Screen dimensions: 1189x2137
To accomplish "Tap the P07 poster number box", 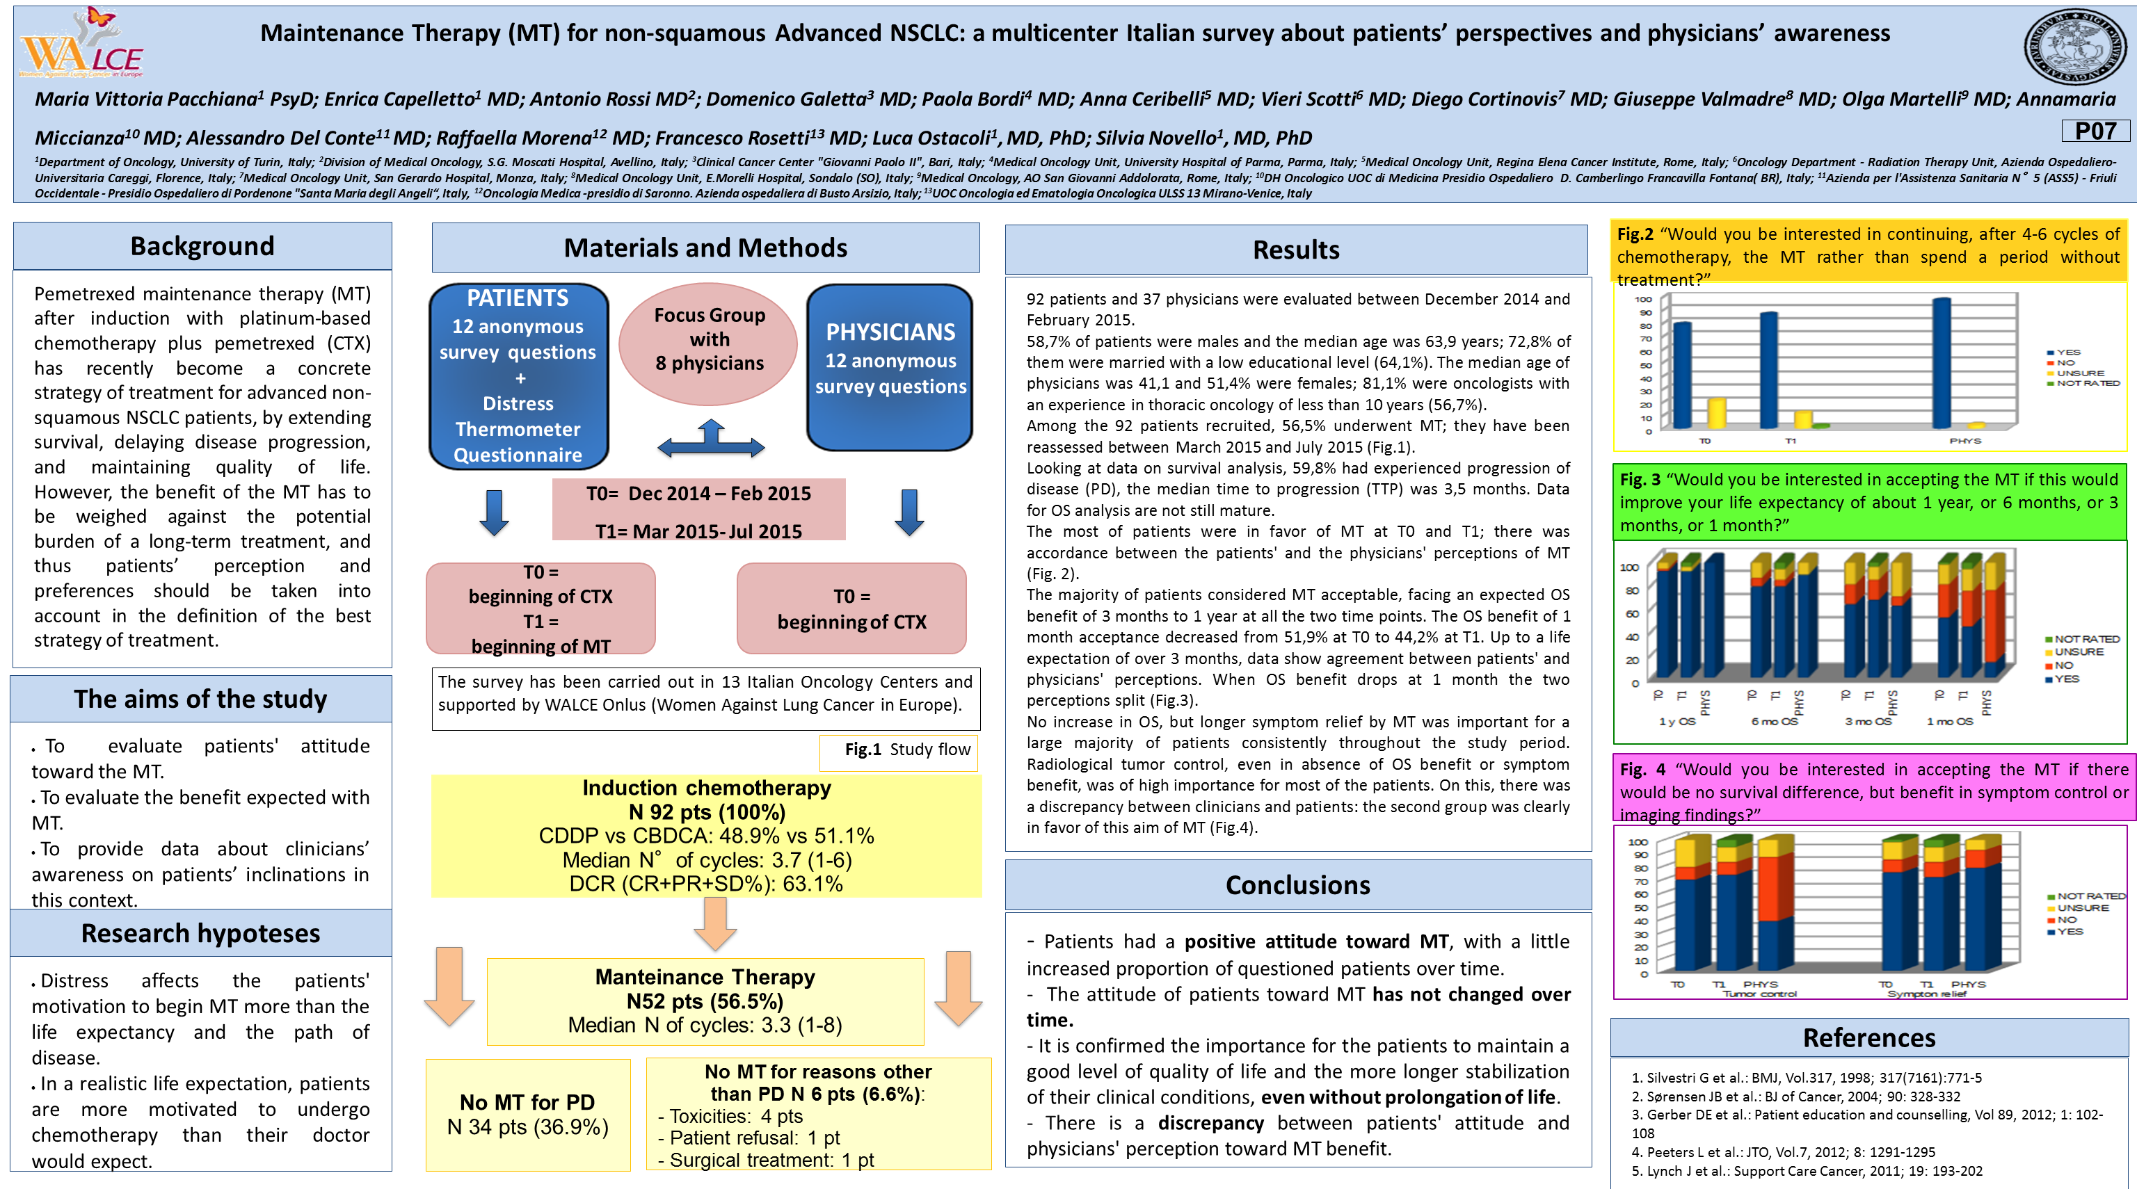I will [x=2095, y=131].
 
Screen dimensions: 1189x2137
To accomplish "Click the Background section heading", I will [x=202, y=246].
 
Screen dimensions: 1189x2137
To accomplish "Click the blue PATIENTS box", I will [x=518, y=375].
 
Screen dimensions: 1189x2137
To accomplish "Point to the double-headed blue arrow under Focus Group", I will [x=711, y=439].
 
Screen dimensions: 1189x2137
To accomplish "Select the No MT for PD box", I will [x=527, y=1115].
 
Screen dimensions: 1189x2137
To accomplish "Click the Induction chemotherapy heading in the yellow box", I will [x=706, y=788].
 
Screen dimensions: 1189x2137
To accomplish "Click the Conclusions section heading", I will [x=1297, y=886].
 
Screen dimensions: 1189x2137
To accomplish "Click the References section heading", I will [x=1869, y=1038].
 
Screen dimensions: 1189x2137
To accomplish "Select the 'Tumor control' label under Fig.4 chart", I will [x=1759, y=994].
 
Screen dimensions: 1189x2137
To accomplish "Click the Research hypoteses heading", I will [x=201, y=934].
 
